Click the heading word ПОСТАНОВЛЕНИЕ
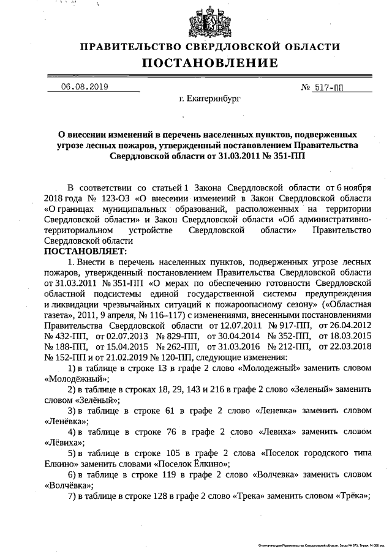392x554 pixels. [x=210, y=63]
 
